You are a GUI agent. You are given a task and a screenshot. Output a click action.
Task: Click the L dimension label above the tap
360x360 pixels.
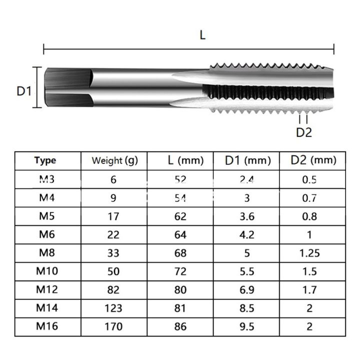pyautogui.click(x=202, y=35)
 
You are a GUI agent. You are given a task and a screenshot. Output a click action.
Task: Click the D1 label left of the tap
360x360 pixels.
pyautogui.click(x=24, y=90)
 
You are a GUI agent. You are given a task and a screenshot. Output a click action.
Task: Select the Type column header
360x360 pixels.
pyautogui.click(x=45, y=160)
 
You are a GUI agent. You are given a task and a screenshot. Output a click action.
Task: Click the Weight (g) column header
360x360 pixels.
pyautogui.click(x=114, y=160)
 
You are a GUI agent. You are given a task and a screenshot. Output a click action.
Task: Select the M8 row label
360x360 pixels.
pyautogui.click(x=47, y=252)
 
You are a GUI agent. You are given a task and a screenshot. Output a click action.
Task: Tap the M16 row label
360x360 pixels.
pyautogui.click(x=47, y=326)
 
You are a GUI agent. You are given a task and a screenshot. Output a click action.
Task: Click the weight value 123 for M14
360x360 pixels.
pyautogui.click(x=113, y=308)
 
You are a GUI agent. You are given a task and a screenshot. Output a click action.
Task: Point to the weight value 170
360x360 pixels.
pyautogui.click(x=113, y=326)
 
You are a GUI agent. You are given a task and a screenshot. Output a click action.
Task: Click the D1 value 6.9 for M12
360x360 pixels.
pyautogui.click(x=247, y=290)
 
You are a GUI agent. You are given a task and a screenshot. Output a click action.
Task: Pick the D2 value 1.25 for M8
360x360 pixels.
pyautogui.click(x=309, y=253)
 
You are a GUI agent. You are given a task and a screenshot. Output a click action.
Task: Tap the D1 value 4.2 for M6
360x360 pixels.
pyautogui.click(x=247, y=234)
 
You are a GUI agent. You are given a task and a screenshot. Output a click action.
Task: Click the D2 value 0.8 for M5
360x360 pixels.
pyautogui.click(x=309, y=216)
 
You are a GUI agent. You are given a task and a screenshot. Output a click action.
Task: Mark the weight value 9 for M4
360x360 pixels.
pyautogui.click(x=113, y=198)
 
